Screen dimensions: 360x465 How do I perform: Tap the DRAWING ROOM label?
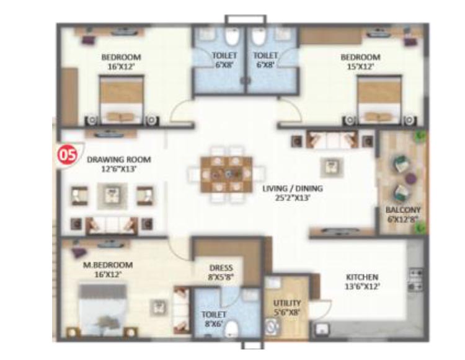[119, 159]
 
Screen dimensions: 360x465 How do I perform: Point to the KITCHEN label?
[363, 276]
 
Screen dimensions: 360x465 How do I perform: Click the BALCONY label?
[403, 210]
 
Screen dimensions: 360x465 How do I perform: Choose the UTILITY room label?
[287, 303]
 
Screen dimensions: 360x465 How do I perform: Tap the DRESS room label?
[221, 268]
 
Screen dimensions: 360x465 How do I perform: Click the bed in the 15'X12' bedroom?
[377, 100]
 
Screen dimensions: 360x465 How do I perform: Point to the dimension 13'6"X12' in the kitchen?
[362, 286]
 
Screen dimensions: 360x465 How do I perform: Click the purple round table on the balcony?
[409, 179]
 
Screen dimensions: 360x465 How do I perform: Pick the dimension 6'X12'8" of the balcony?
[403, 219]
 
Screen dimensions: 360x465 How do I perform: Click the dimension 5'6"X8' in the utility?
[287, 312]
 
